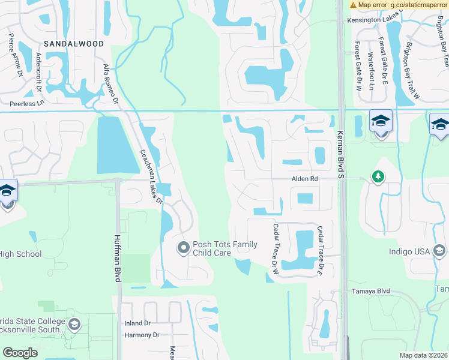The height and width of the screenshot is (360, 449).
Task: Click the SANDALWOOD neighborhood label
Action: point(74,44)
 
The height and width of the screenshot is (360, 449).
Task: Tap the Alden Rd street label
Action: point(304,179)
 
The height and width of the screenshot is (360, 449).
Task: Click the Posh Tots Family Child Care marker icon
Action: point(183,247)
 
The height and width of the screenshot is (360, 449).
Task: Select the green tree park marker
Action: point(378,176)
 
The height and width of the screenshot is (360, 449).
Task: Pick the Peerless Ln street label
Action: point(23,103)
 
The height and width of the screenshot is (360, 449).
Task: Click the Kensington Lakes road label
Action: point(373,20)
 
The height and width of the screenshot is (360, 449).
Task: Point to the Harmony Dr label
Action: point(142,335)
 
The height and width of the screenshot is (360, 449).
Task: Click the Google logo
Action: point(20,352)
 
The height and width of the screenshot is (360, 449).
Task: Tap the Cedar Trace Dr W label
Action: point(276,249)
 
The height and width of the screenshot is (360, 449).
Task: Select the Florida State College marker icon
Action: point(74,325)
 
